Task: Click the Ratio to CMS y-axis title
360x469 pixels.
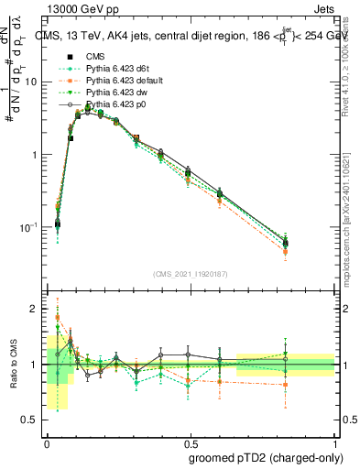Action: pyautogui.click(x=14, y=365)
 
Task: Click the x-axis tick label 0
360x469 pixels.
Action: pyautogui.click(x=47, y=441)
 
